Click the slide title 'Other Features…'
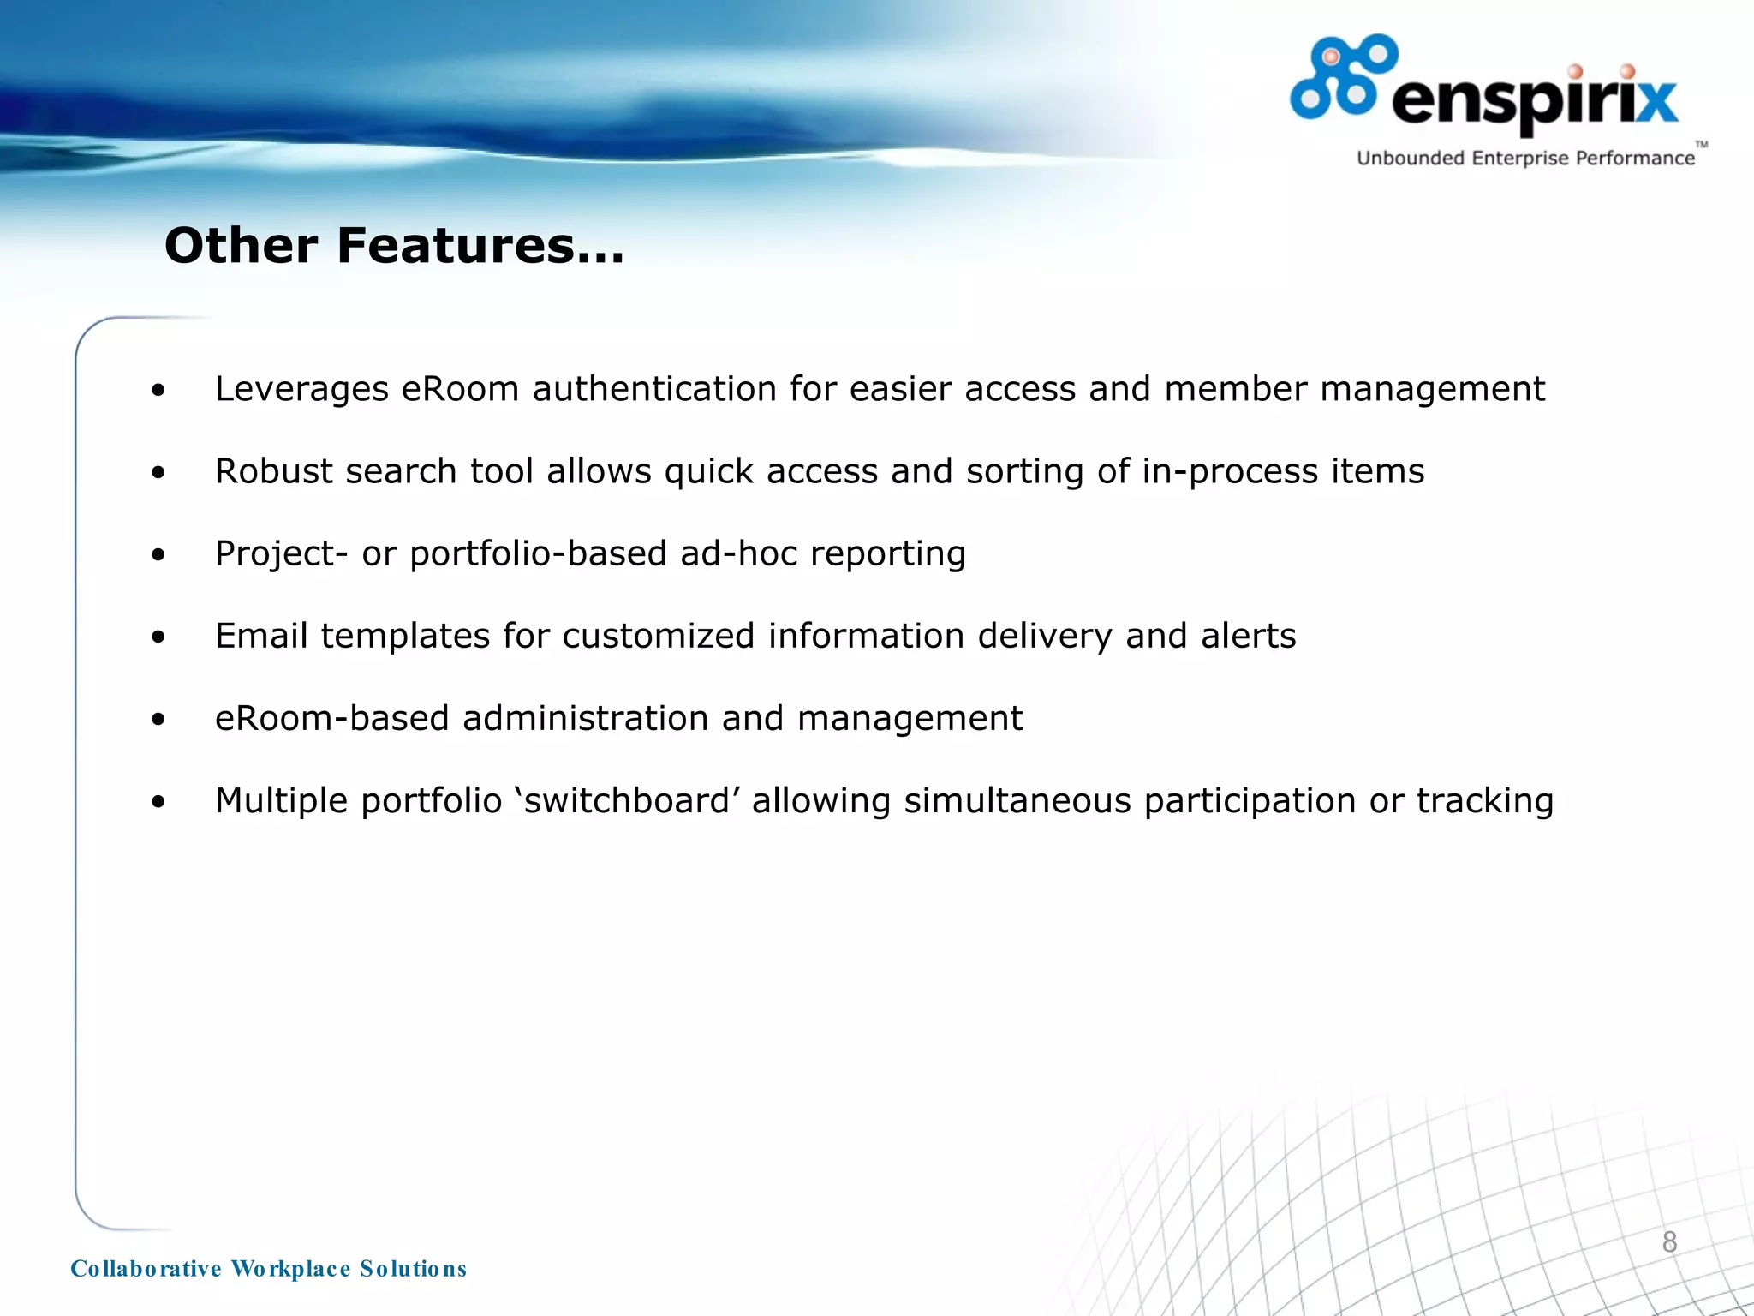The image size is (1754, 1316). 394,246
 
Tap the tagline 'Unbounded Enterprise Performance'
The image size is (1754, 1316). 1525,159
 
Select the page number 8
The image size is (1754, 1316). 1669,1242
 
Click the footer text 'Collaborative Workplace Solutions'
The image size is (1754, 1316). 268,1269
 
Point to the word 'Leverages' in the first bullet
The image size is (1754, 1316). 301,390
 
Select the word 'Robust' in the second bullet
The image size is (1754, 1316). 274,472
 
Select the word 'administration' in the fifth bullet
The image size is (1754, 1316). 585,719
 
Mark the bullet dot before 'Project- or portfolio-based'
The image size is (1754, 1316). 158,555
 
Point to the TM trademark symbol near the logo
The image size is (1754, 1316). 1701,145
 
